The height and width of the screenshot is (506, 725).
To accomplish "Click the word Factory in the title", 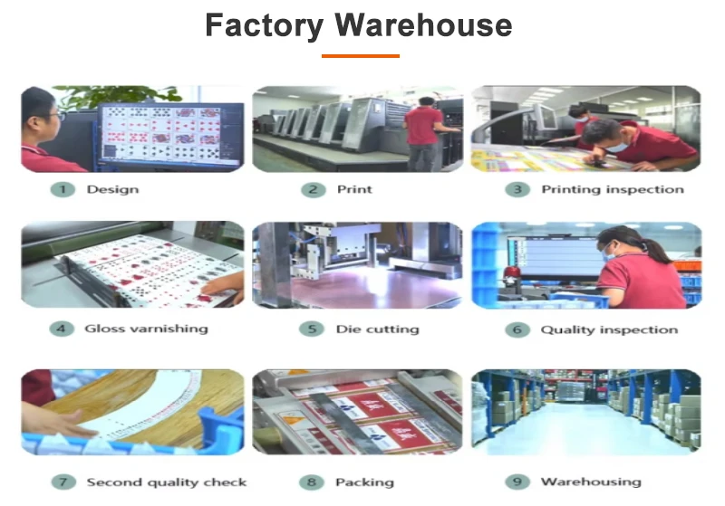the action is tap(263, 25).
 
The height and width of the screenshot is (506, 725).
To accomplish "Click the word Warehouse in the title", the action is tap(423, 25).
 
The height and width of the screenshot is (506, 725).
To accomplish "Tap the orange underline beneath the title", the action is tap(361, 56).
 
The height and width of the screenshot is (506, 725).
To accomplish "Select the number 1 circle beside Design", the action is tap(63, 189).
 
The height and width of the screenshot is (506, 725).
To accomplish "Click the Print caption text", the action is tap(353, 189).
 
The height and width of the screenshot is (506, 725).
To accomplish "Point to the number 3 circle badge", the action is tap(517, 189).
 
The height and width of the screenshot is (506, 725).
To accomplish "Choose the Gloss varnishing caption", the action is tap(146, 329).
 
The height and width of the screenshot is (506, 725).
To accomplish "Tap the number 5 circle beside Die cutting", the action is tap(313, 329).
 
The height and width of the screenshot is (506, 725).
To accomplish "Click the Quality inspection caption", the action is tap(609, 329).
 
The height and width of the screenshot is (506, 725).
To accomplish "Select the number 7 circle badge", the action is tap(63, 482).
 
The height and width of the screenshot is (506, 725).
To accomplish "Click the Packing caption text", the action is tap(364, 482).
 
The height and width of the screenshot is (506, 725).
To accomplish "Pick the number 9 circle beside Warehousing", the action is tap(517, 482).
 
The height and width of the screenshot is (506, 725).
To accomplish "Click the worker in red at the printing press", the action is tap(422, 131).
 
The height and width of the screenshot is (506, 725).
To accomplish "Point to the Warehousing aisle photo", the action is tap(585, 412).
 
